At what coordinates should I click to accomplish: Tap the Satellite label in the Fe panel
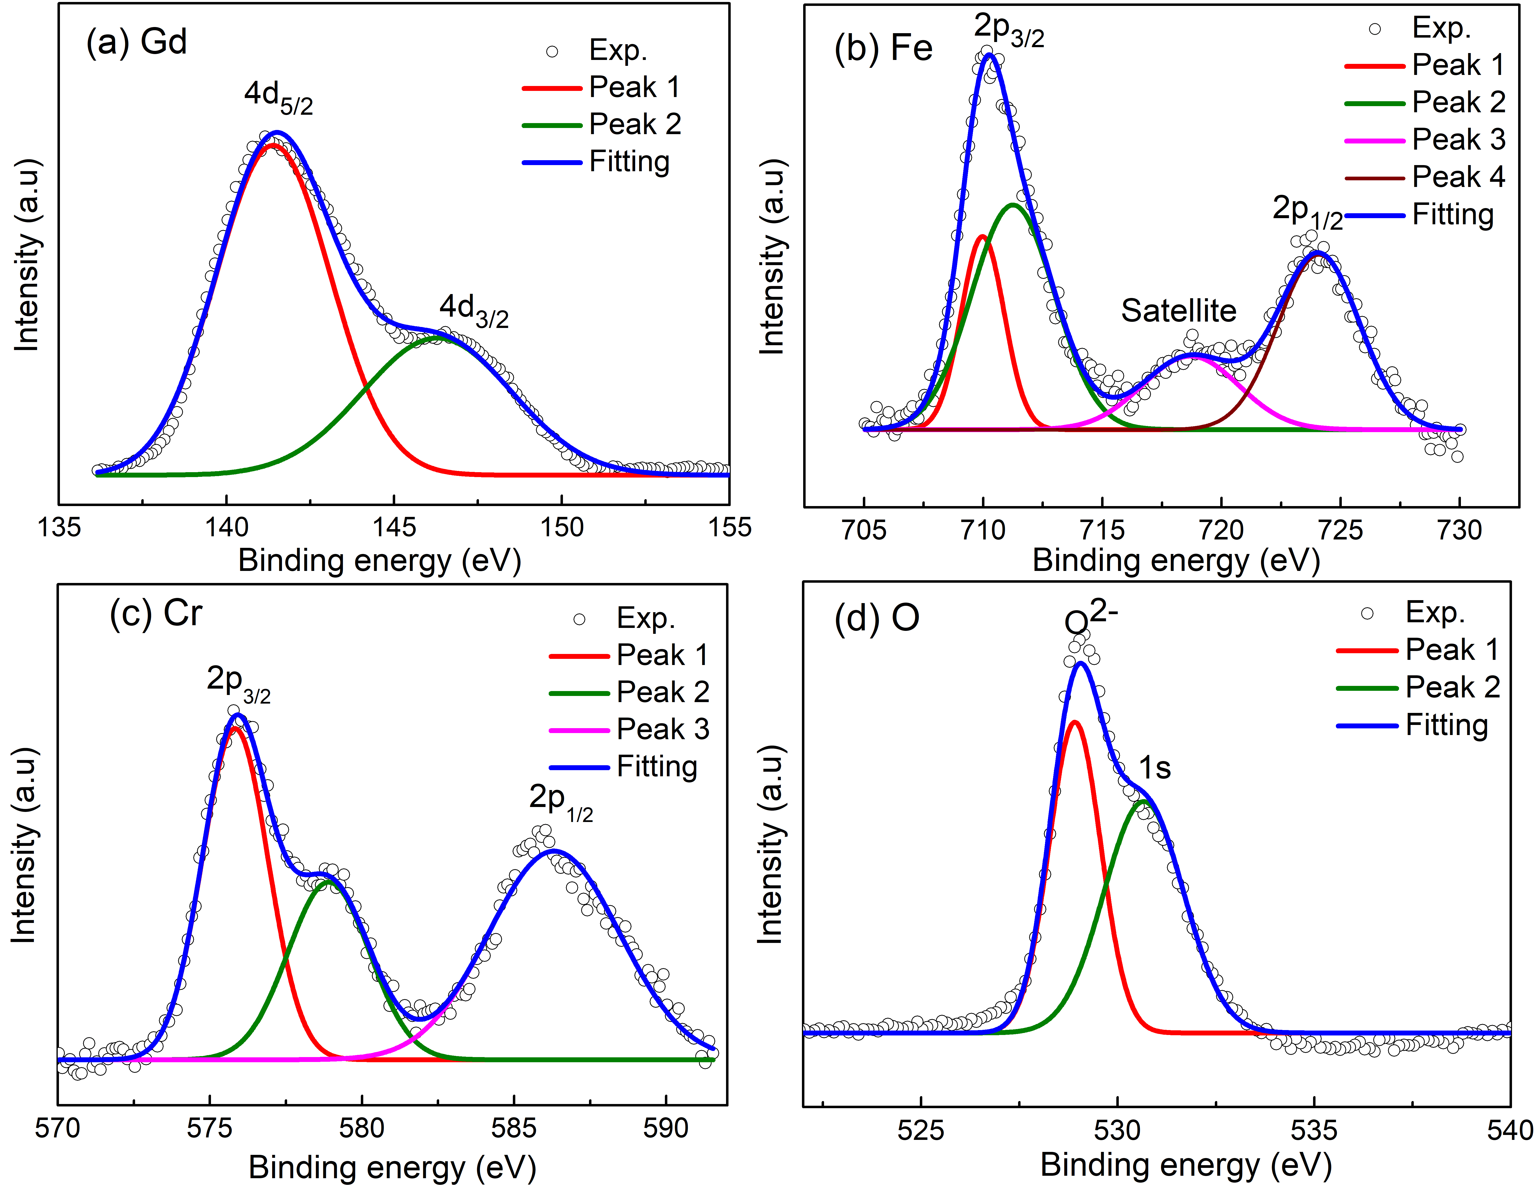click(x=1178, y=311)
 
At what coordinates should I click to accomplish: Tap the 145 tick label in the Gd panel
click(x=393, y=527)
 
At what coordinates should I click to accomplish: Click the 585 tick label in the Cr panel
click(x=513, y=1128)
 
